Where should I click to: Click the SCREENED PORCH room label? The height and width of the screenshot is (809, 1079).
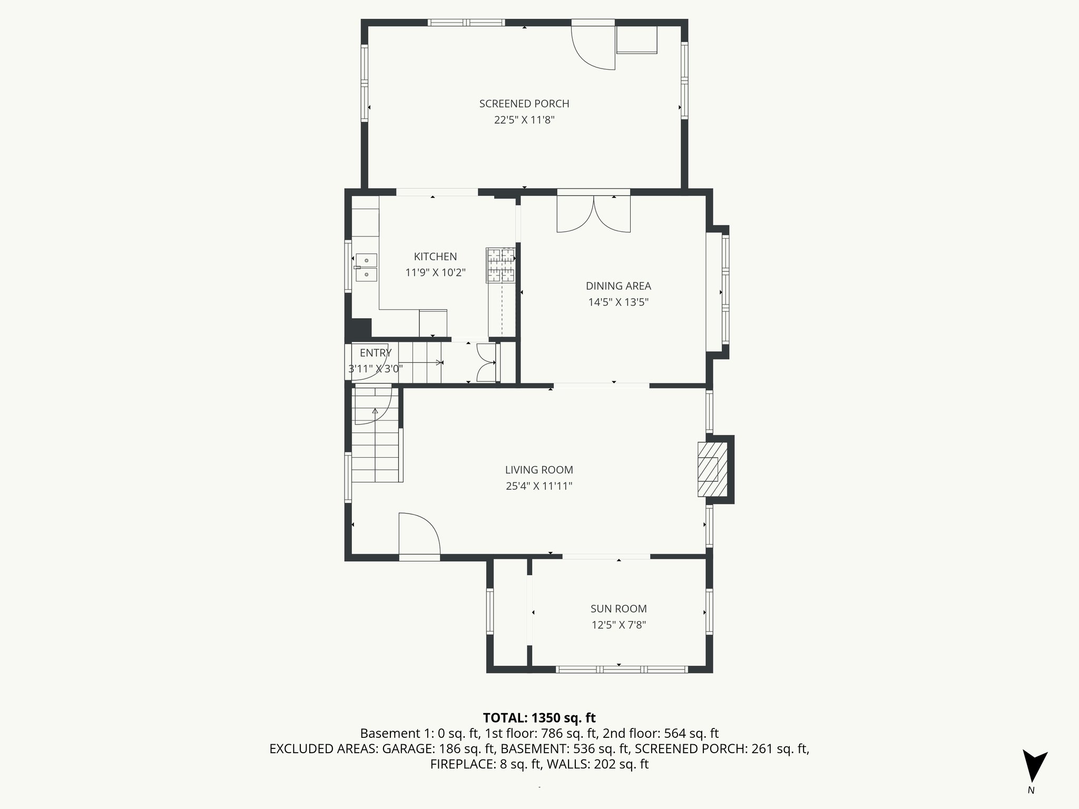coord(524,104)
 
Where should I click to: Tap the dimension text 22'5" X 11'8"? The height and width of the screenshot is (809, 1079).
coord(524,120)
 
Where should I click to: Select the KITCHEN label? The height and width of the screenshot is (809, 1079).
coord(435,256)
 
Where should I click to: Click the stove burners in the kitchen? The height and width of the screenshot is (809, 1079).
coord(500,265)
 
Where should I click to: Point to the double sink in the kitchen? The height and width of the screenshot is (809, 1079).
coord(366,267)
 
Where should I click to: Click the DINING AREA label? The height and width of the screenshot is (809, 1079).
coord(618,286)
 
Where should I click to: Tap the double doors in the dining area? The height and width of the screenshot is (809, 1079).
coord(594,214)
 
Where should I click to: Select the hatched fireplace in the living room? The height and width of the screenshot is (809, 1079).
coord(712,469)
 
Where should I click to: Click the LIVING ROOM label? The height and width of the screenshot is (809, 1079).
coord(538,470)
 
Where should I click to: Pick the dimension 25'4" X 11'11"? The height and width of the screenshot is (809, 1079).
coord(538,486)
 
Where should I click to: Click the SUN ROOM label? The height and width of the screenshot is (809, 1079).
coord(618,609)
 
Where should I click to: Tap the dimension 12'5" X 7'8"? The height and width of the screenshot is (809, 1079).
coord(618,625)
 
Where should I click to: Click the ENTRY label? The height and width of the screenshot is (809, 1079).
coord(375,353)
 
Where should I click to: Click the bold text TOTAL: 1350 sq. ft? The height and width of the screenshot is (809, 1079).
coord(539,718)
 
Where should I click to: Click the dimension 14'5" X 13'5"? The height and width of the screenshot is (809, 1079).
coord(618,302)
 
